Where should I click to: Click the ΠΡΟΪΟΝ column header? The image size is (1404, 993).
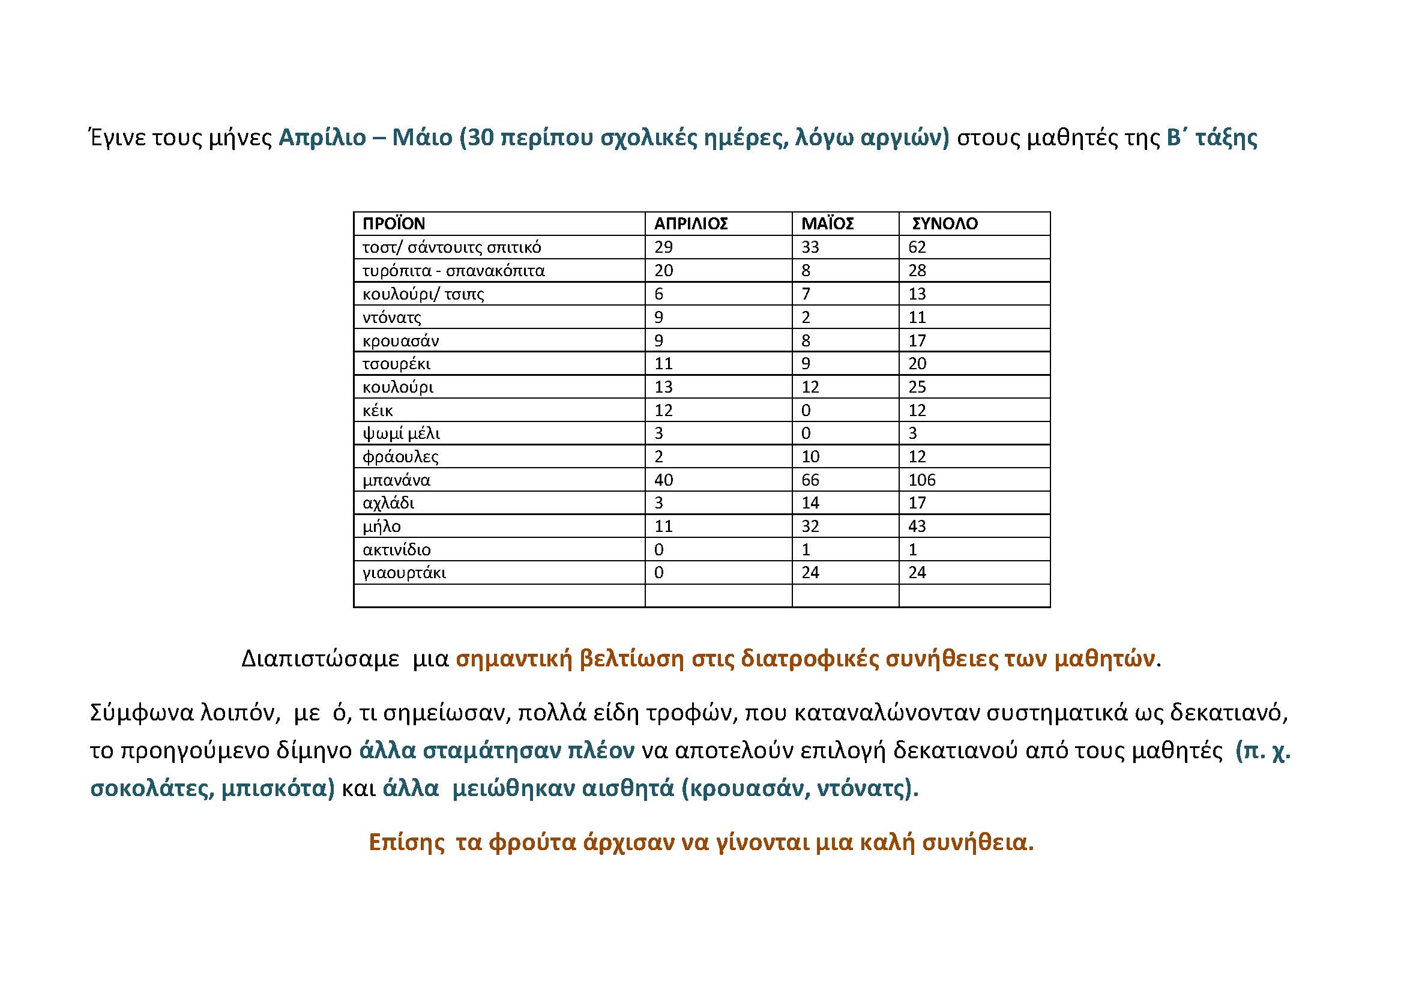(393, 224)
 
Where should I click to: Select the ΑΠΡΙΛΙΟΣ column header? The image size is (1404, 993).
(691, 224)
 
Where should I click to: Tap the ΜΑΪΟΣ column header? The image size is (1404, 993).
(827, 224)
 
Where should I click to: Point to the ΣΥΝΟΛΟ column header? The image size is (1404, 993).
(945, 224)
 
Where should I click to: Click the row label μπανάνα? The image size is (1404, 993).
(396, 480)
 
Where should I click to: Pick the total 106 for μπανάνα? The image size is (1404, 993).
(921, 480)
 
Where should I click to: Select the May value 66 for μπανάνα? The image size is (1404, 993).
(810, 480)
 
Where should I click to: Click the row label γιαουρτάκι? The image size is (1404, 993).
(404, 573)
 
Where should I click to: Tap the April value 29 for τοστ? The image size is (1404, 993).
(663, 247)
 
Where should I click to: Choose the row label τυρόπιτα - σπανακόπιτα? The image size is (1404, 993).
(453, 270)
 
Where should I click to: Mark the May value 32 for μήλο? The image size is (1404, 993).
(810, 527)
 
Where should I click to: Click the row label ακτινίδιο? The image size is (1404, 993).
(397, 550)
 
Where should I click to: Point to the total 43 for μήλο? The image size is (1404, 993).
(917, 527)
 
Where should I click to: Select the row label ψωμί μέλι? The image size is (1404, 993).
(401, 433)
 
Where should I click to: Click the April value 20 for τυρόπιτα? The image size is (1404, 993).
(663, 270)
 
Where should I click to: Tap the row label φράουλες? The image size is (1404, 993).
(400, 457)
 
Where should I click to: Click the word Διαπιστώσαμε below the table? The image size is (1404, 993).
(320, 659)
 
